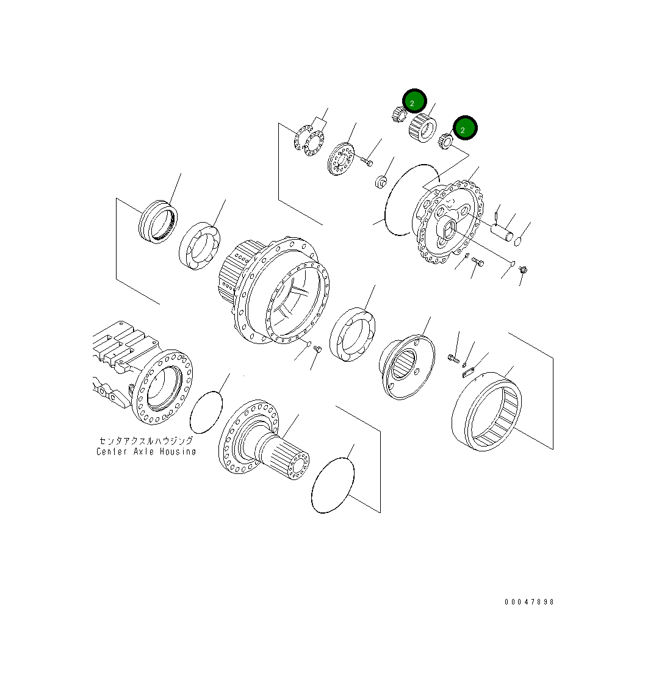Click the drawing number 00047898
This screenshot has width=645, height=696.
pos(529,602)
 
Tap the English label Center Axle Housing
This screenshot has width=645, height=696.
pos(146,452)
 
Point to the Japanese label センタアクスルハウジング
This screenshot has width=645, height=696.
pos(146,440)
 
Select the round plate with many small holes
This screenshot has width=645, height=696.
pos(340,159)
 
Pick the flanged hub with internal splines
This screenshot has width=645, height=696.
pos(407,367)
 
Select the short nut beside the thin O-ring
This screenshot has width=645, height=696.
pos(380,181)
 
